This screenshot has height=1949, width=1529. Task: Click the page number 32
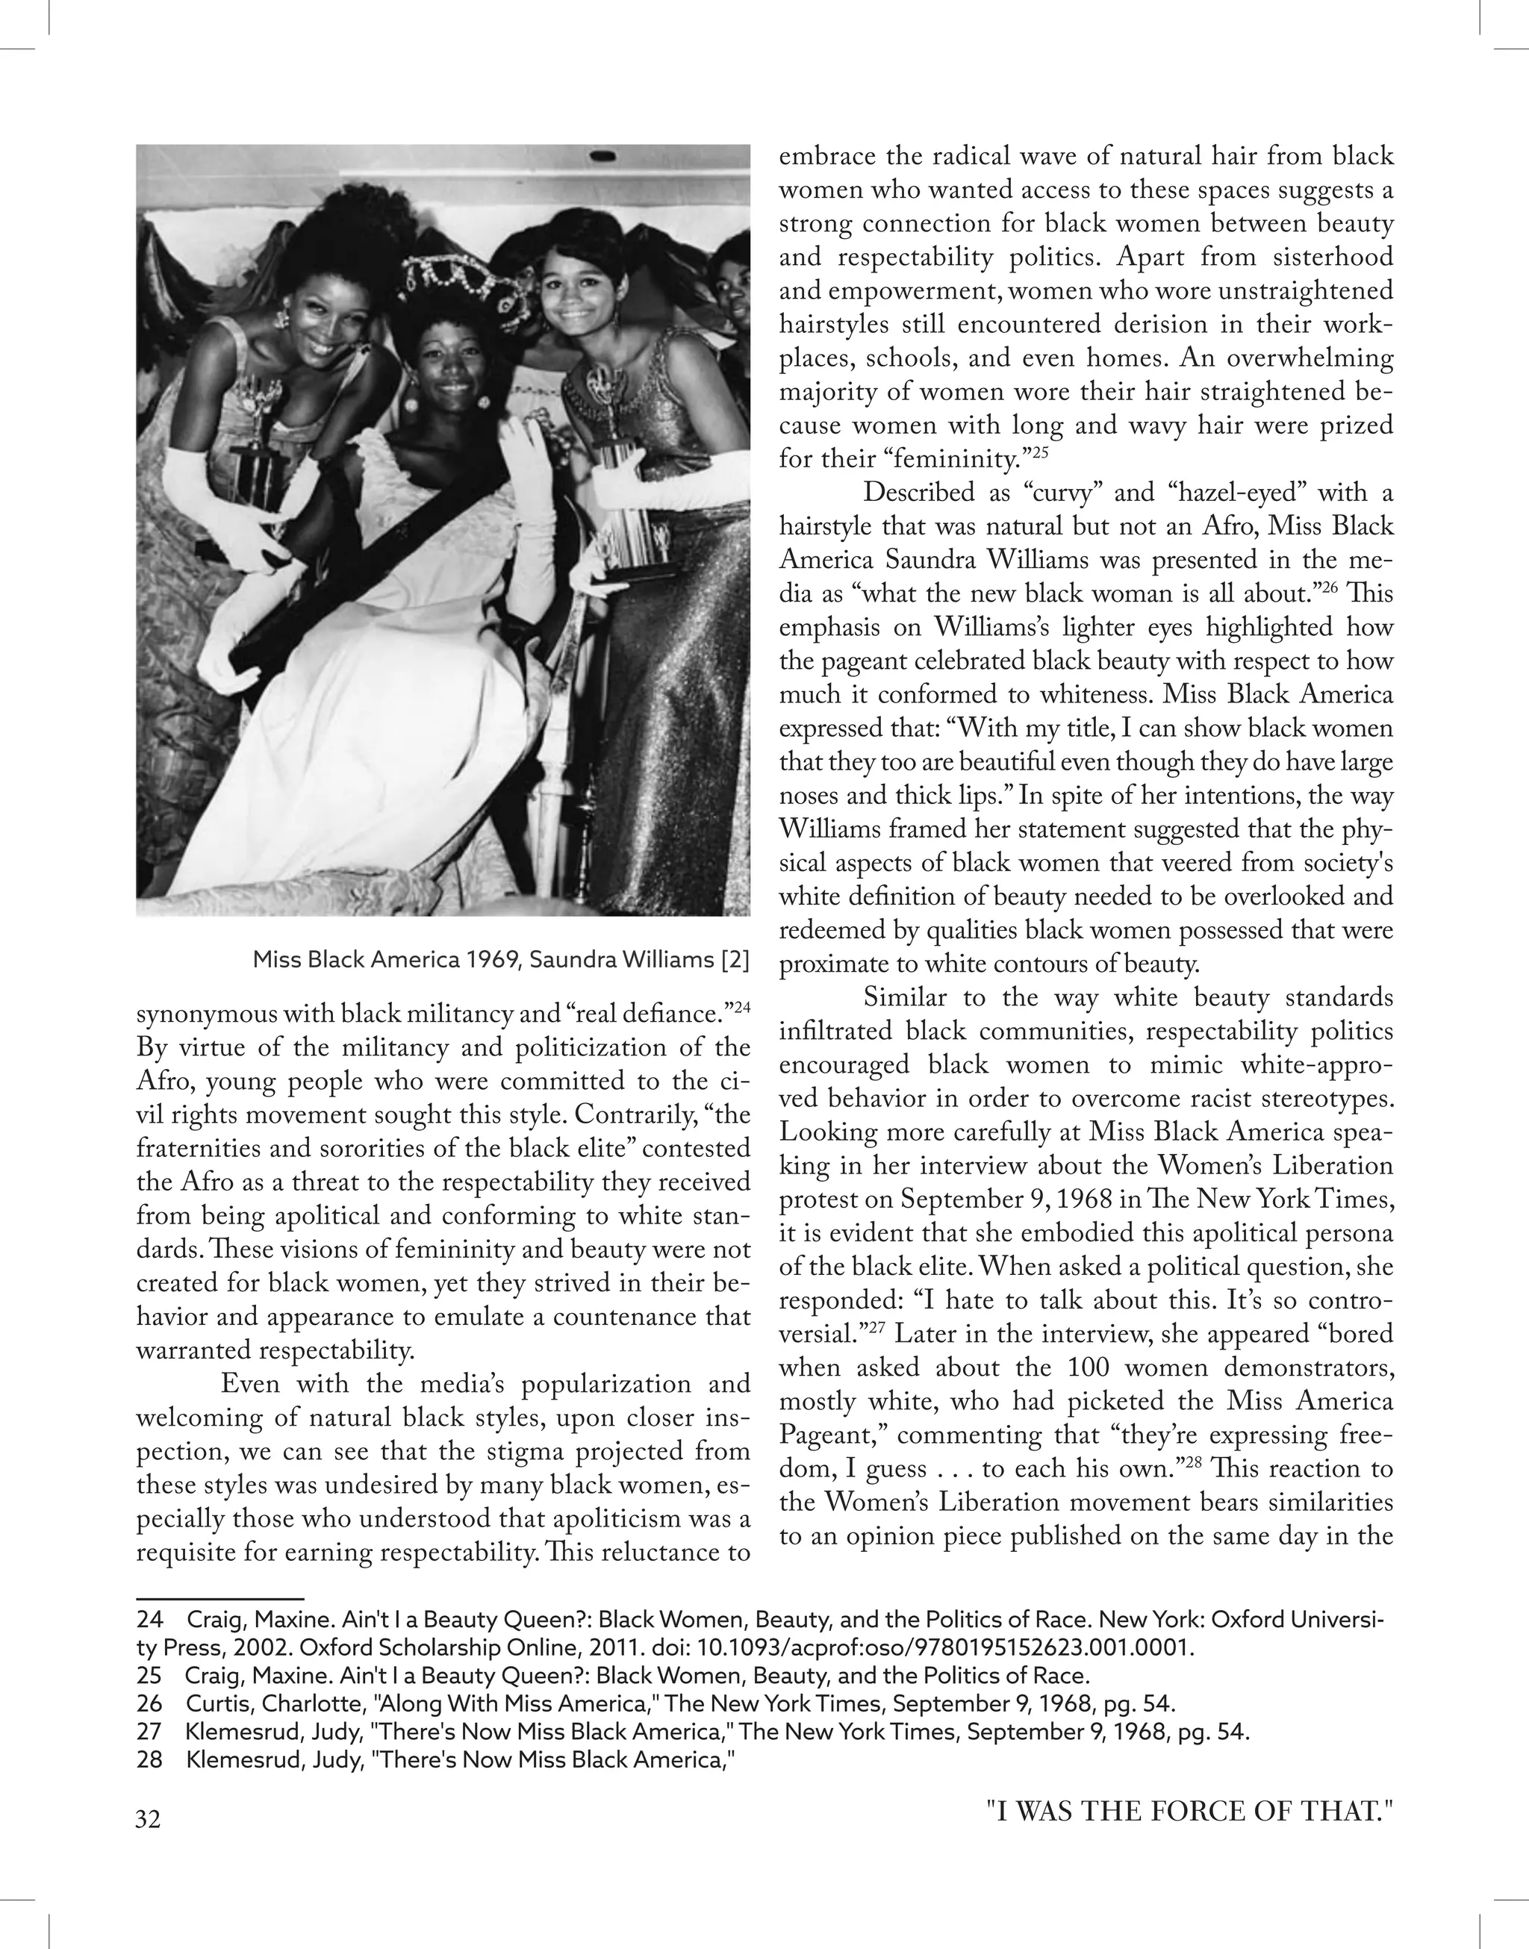[x=149, y=1819]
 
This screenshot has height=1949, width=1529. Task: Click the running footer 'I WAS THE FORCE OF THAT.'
[x=1190, y=1812]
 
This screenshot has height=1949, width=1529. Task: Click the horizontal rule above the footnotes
[x=220, y=1597]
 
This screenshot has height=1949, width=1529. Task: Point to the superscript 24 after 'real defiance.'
[x=742, y=1008]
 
